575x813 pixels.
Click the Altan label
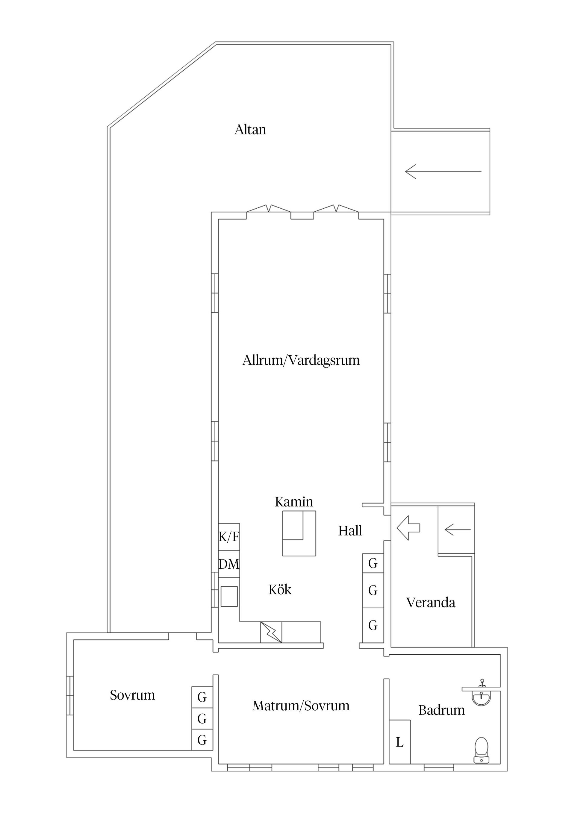250,130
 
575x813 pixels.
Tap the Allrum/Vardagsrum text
301,360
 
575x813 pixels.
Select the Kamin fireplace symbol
299,533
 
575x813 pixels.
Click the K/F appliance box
229,537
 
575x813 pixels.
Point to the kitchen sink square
229,597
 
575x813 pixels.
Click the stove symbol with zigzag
271,632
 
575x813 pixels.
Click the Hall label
350,531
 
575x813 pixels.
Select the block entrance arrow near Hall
408,528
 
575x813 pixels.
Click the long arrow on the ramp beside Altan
443,172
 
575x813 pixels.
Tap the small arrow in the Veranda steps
457,530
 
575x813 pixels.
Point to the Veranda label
430,603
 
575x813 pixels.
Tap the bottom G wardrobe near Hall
373,626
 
